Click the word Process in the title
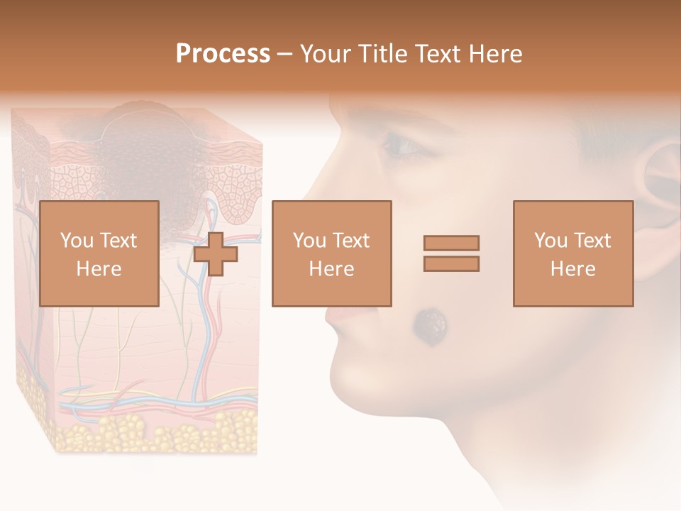pos(223,54)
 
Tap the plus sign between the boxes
pos(216,253)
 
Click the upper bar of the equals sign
pos(451,243)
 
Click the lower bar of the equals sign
pos(451,264)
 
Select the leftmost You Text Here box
pos(99,253)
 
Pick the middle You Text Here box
pos(331,253)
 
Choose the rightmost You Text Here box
pos(572,253)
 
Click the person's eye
pos(403,146)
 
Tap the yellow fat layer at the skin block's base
pos(142,429)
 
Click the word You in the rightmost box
pos(550,241)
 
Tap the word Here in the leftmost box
pos(99,269)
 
